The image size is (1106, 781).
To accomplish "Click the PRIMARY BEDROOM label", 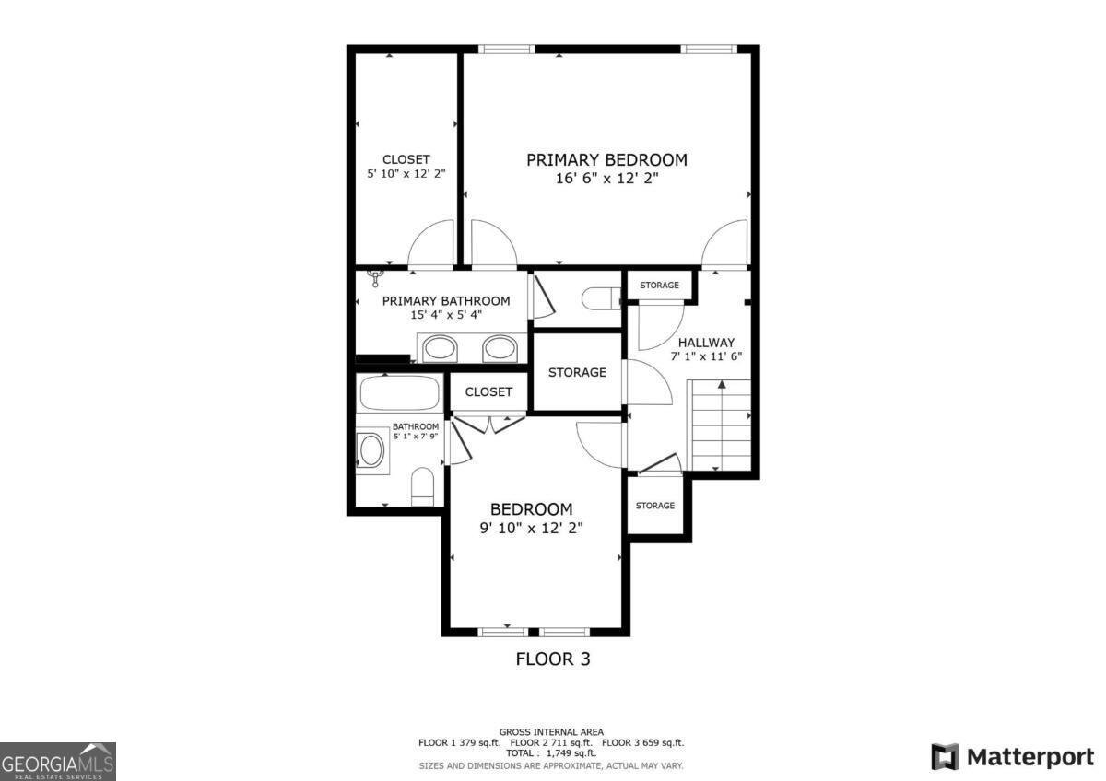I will (x=606, y=160).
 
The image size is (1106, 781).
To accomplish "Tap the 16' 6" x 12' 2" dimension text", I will (x=606, y=180).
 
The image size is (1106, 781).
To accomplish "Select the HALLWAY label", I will (x=708, y=342).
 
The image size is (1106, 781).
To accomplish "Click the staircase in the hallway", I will (x=721, y=425).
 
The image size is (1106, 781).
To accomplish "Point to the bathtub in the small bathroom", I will (x=399, y=393).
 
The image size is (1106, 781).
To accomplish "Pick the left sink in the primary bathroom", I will (x=439, y=349).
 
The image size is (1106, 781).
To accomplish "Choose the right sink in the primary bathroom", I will (x=500, y=349).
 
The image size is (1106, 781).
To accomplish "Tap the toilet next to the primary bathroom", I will (x=601, y=298).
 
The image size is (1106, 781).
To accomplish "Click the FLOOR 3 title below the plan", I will (x=552, y=659).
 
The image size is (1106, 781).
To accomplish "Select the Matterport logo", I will (x=1012, y=757).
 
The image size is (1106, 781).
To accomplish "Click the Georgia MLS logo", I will (x=58, y=761).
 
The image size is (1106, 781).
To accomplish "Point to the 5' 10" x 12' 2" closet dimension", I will (x=406, y=173).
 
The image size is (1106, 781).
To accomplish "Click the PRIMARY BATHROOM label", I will (x=446, y=301).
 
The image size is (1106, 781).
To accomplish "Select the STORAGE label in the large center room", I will (x=577, y=372).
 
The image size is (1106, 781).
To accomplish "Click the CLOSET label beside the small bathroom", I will (x=488, y=391).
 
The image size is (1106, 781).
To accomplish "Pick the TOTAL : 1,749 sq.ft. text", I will (x=552, y=752).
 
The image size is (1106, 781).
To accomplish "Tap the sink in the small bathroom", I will (x=371, y=452).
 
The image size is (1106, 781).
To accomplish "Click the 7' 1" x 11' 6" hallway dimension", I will (x=707, y=356).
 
